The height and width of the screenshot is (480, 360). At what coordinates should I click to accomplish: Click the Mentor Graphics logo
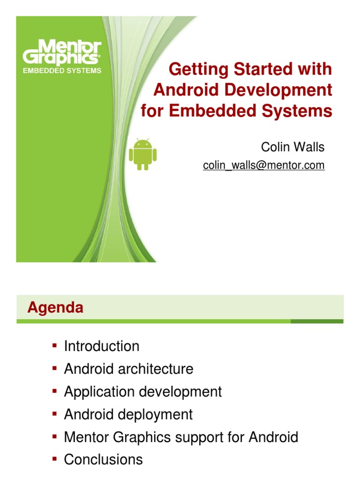(x=62, y=52)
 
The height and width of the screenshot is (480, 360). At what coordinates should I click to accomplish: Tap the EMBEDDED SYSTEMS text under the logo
(x=62, y=71)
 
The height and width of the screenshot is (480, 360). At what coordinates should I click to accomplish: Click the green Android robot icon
(x=142, y=154)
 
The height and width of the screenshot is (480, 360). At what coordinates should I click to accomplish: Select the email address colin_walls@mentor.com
(x=263, y=165)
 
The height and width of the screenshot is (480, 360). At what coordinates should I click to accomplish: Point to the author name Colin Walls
(x=292, y=147)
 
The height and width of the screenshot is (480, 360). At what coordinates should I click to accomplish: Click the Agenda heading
(x=55, y=307)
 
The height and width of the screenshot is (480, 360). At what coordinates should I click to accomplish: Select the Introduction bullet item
(x=102, y=346)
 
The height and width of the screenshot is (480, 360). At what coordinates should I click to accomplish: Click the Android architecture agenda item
(x=128, y=369)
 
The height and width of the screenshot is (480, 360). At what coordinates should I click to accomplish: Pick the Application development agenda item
(x=143, y=392)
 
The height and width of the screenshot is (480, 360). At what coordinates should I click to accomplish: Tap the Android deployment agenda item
(x=128, y=414)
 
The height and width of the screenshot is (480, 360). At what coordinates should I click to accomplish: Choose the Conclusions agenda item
(x=103, y=459)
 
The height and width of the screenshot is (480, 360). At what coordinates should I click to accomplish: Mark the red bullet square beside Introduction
(x=54, y=345)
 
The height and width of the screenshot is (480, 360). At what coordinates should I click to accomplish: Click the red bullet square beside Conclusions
(x=54, y=458)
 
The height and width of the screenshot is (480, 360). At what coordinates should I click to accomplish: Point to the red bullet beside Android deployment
(x=54, y=413)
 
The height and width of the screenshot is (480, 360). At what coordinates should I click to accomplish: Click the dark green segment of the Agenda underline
(x=317, y=321)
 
